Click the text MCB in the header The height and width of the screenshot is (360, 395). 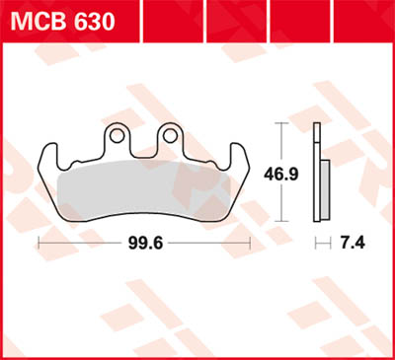[x=38, y=20]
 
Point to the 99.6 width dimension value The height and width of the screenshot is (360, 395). [x=144, y=243]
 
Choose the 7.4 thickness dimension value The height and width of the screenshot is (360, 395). [x=350, y=243]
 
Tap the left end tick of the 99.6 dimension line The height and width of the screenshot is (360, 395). [x=39, y=242]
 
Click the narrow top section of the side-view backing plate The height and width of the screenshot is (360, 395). [x=316, y=138]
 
